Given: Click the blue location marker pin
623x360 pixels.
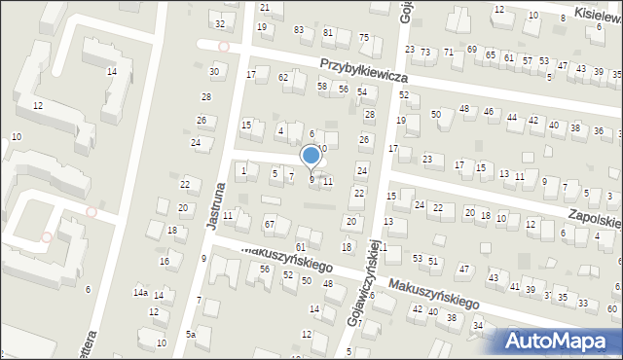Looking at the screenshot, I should tap(311, 156).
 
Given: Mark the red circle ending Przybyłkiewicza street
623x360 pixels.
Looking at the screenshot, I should tap(224, 46).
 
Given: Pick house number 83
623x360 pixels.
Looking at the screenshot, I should tap(299, 31).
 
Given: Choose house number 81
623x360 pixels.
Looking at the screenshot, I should tap(328, 32).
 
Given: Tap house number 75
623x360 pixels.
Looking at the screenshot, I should tap(364, 38).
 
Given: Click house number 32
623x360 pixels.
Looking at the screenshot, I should tap(220, 23).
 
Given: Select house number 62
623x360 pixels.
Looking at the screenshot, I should tap(282, 77).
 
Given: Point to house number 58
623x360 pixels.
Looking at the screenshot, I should tap(322, 87).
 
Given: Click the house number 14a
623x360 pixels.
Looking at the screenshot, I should tap(140, 293).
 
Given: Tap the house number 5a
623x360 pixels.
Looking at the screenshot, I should tap(191, 335).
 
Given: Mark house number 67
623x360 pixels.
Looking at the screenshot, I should tap(270, 226).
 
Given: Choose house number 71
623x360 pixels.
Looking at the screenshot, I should tap(448, 51).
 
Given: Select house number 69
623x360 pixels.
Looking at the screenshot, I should tap(471, 50).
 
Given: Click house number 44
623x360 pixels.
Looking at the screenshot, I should tap(511, 118).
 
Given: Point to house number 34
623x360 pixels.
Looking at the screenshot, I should tap(477, 325).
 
